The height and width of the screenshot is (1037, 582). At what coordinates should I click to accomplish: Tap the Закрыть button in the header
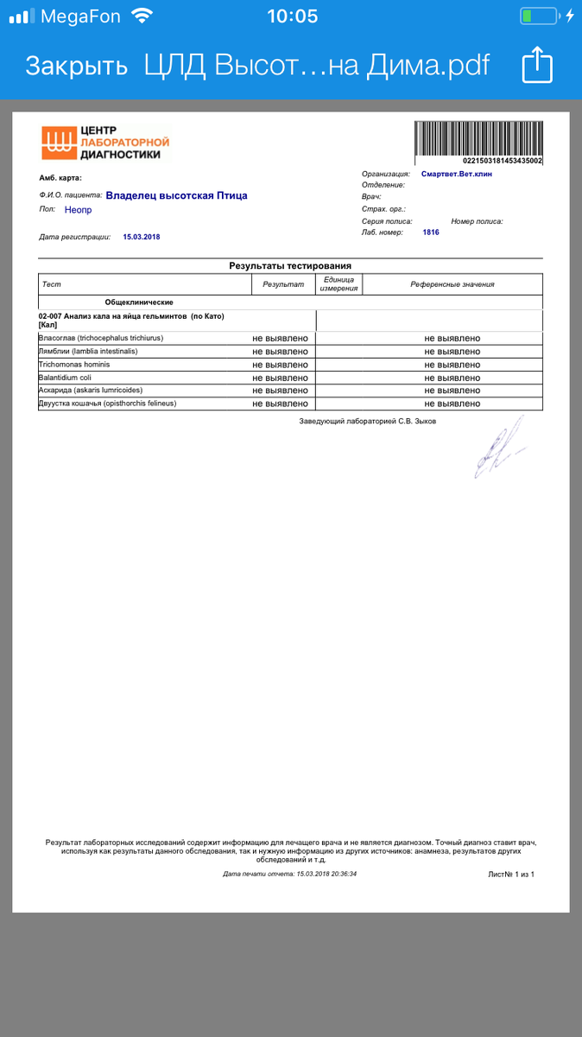pyautogui.click(x=76, y=67)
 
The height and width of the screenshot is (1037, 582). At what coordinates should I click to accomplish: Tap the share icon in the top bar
pyautogui.click(x=536, y=66)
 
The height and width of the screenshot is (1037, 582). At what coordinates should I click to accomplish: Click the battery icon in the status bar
pyautogui.click(x=539, y=16)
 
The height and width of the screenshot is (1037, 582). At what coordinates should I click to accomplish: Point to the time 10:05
pyautogui.click(x=292, y=16)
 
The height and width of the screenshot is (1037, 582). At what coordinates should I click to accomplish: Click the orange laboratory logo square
pyautogui.click(x=59, y=143)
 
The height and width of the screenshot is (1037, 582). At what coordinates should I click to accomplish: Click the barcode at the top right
pyautogui.click(x=478, y=139)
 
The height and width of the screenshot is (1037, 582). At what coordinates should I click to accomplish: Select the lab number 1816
pyautogui.click(x=431, y=232)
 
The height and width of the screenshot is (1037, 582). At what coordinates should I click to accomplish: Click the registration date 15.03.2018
pyautogui.click(x=142, y=237)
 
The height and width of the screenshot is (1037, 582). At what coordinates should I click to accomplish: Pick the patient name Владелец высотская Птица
pyautogui.click(x=176, y=196)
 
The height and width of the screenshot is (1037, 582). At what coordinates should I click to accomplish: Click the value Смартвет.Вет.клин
pyautogui.click(x=457, y=174)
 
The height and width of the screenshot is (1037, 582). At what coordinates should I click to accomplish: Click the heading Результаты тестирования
pyautogui.click(x=290, y=266)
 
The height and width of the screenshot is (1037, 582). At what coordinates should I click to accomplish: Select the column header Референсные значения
pyautogui.click(x=452, y=284)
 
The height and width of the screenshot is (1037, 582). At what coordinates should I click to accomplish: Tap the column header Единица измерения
pyautogui.click(x=338, y=284)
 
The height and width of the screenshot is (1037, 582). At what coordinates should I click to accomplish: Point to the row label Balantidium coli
pyautogui.click(x=65, y=378)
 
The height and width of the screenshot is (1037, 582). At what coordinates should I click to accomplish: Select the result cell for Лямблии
pyautogui.click(x=280, y=352)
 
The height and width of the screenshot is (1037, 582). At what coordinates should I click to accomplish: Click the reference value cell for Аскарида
pyautogui.click(x=452, y=391)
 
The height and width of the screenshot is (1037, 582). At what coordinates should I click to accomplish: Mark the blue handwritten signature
pyautogui.click(x=499, y=448)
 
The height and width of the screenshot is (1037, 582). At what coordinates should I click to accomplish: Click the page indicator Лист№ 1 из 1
pyautogui.click(x=511, y=875)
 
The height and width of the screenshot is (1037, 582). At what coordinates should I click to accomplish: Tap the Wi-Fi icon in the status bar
pyautogui.click(x=141, y=16)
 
